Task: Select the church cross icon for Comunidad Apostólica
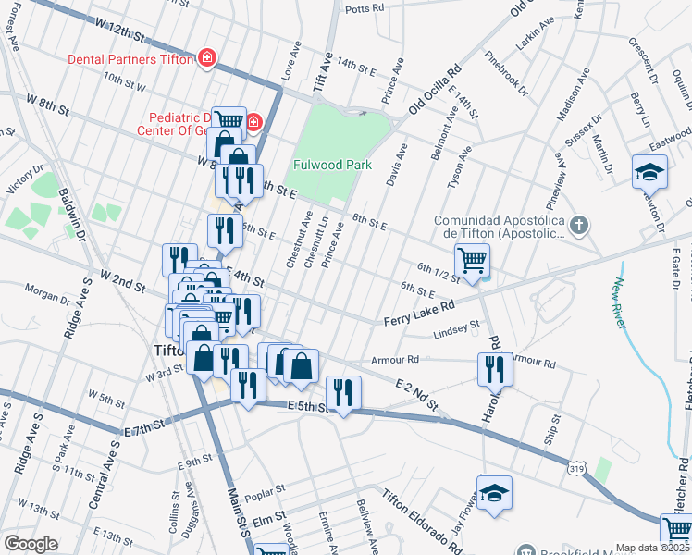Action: pos(578,225)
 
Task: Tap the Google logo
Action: pos(31,544)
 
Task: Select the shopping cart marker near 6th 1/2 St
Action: pos(472,262)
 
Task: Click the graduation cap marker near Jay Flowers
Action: pos(494,492)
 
